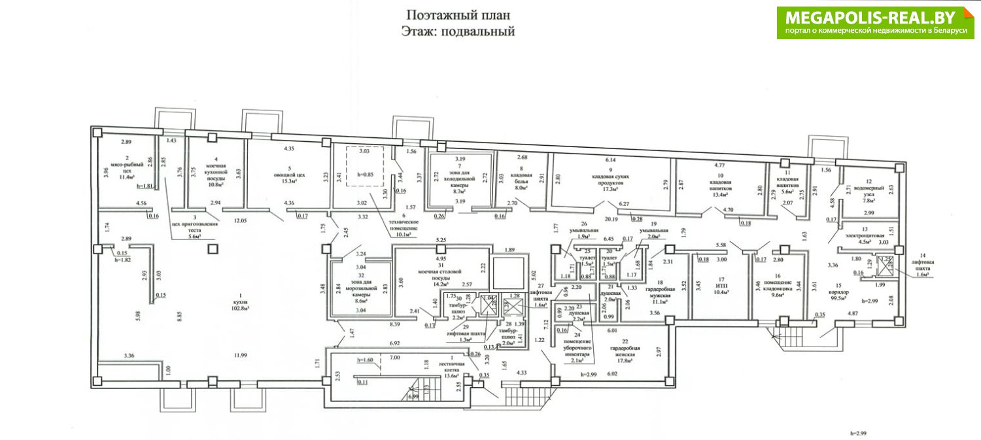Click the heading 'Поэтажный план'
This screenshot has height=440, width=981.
(x=457, y=15)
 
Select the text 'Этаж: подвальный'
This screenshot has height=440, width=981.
(x=457, y=31)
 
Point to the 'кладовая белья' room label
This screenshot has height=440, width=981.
(x=521, y=179)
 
